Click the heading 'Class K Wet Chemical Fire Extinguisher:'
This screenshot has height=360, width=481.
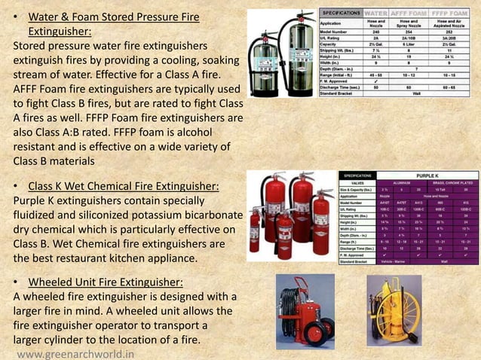pos(111,186)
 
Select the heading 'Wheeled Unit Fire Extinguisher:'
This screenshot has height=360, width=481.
pos(105,282)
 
